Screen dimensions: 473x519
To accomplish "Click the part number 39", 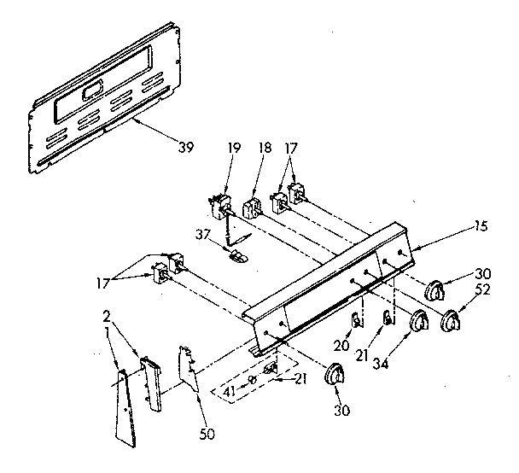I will point(184,147).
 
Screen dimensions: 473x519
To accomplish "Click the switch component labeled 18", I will point(252,207).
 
